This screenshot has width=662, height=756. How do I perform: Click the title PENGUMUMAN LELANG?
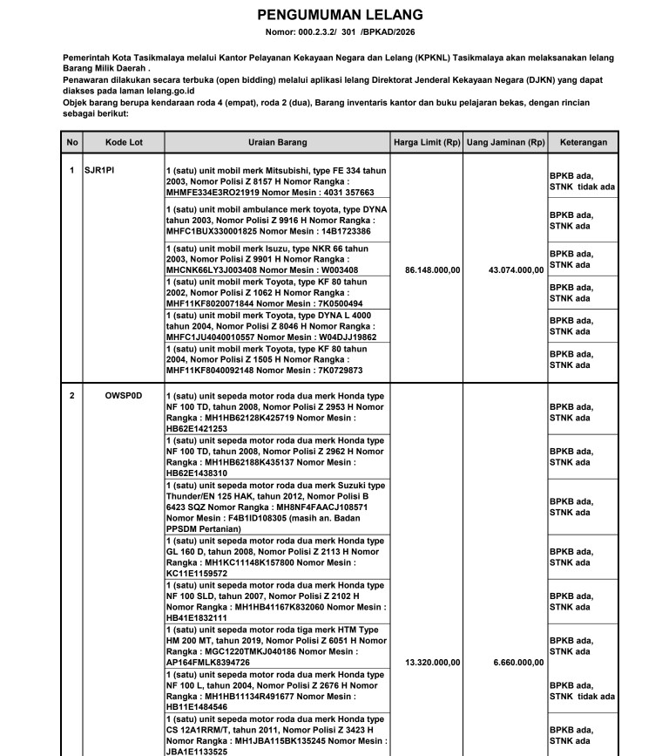tap(340, 15)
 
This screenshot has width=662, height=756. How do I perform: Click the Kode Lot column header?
tap(123, 142)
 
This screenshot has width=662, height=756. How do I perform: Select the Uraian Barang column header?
tap(277, 142)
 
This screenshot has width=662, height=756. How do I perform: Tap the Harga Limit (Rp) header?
tap(427, 142)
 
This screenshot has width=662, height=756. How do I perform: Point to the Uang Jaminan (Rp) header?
tap(505, 142)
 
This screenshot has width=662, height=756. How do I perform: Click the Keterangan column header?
tap(583, 142)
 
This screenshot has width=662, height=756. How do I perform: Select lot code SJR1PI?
tap(99, 170)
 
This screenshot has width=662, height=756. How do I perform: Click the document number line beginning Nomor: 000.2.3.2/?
tap(340, 33)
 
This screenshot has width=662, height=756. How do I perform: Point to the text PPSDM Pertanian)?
tap(203, 528)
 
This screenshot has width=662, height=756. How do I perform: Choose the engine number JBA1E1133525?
tap(197, 752)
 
